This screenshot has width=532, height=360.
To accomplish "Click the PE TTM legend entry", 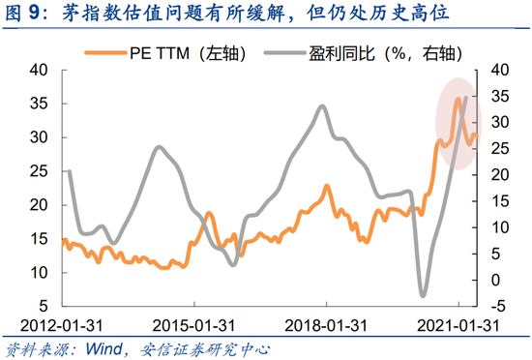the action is point(165,53).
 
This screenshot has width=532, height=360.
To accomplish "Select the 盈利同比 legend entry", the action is point(364,53).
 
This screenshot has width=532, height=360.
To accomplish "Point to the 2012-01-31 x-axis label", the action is point(61,326).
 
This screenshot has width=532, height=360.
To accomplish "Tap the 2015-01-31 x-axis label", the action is point(193,326).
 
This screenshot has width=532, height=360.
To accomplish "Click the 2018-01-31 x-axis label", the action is point(326,326).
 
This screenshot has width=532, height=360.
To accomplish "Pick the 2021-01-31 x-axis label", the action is point(458,326).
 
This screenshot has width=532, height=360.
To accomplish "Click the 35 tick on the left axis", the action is point(39,104).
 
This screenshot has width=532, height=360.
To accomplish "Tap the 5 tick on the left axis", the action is point(44,306).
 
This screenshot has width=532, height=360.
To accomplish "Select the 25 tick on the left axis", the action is point(39,171).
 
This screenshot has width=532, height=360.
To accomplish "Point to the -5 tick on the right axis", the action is point(498,307).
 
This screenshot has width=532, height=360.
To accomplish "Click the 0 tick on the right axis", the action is point(495,281).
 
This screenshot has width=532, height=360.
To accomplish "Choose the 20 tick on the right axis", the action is point(500,175).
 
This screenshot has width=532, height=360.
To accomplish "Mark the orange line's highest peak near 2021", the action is point(458,99).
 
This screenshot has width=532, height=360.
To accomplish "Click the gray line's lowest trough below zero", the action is point(423,295).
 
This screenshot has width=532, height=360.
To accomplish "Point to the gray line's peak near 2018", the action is point(322,106).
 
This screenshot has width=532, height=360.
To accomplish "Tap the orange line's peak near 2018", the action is point(327,186).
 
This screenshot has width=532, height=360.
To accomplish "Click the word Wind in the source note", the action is point(103,349).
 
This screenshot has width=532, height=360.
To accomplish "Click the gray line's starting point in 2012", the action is point(70,171).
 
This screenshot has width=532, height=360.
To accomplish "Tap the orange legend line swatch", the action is point(105,53).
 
